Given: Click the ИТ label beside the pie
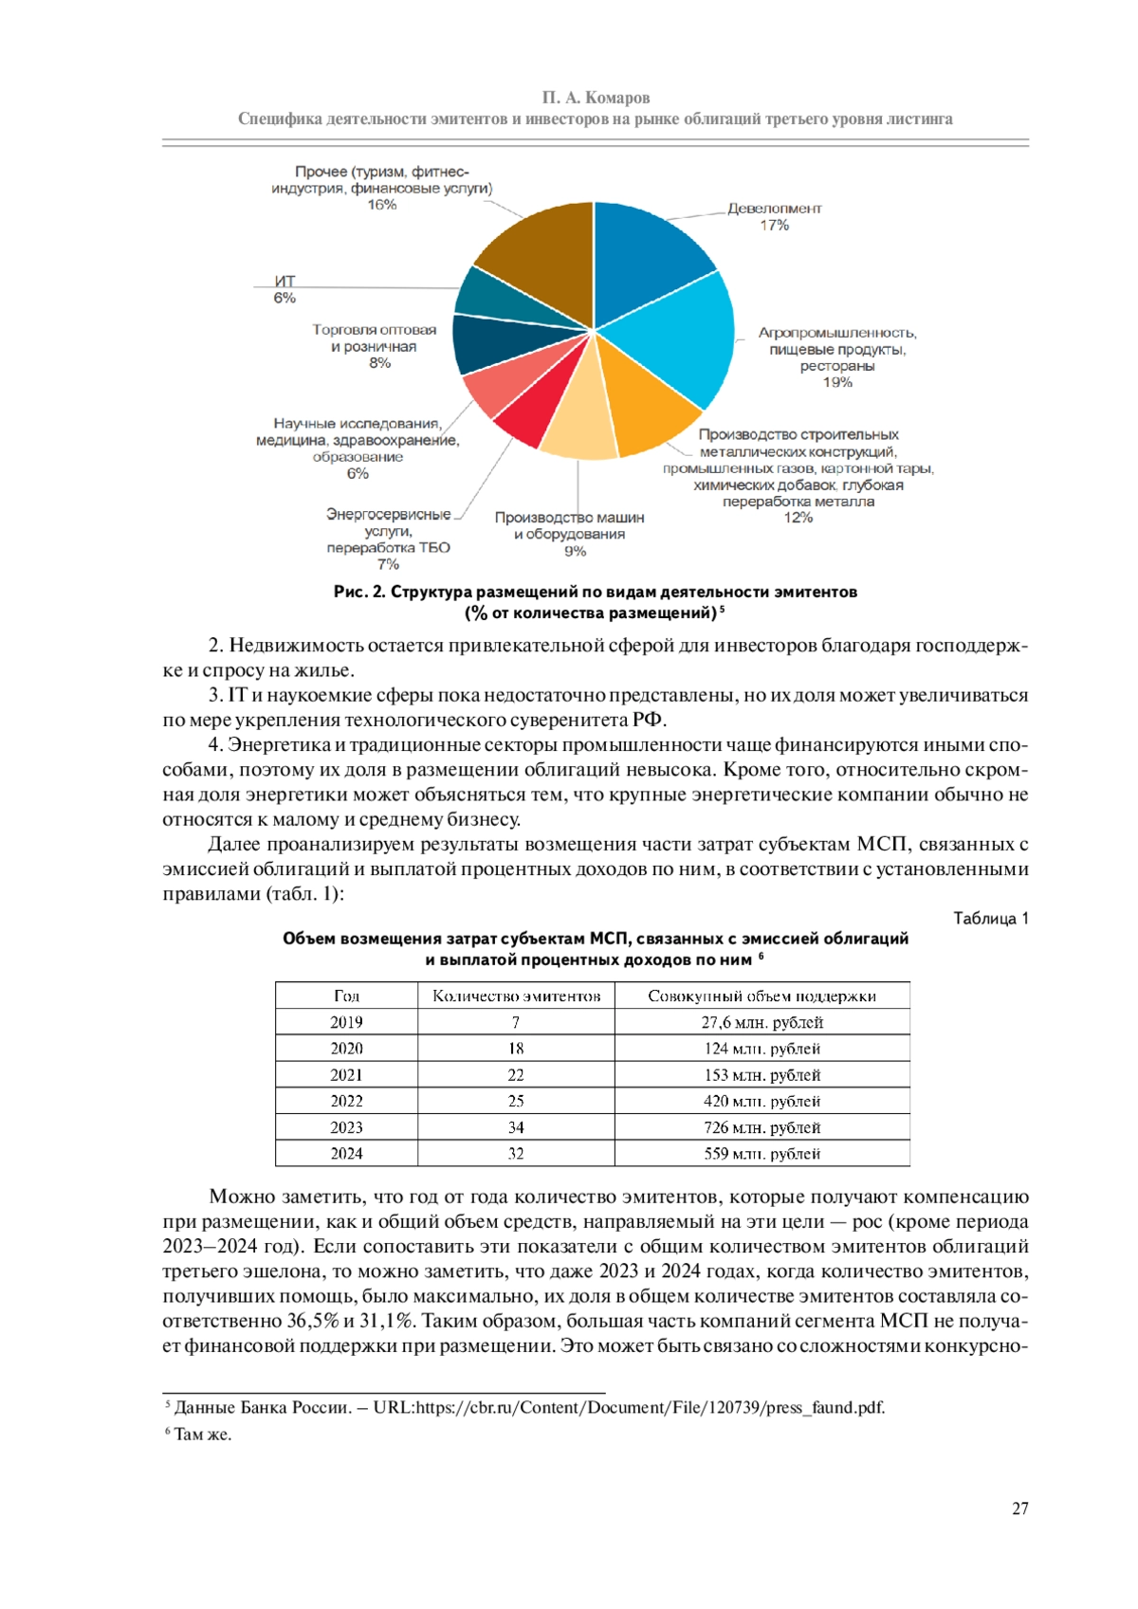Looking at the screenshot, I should pos(284,282).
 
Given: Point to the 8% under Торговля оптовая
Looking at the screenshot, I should pos(379,363).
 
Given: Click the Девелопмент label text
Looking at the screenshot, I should pos(774,209).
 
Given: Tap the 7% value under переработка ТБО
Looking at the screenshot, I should pos(388,564).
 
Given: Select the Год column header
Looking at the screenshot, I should pos(346,996).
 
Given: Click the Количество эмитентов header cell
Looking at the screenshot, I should pos(516,996).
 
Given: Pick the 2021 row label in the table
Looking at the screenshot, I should pos(346,1075).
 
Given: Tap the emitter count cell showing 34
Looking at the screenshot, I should pos(516,1127).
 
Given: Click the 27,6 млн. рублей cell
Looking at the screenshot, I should pos(762,1022).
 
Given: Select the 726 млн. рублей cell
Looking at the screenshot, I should pos(762,1127).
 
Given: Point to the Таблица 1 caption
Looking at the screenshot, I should pos(990,918).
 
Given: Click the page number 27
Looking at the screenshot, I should pos(1019,1508).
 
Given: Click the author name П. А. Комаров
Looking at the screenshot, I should pos(596,98).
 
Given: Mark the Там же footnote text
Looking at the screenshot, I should pos(202,1435).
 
